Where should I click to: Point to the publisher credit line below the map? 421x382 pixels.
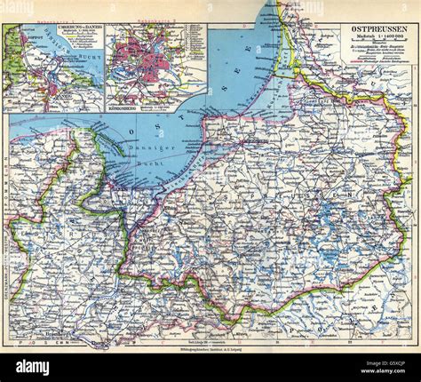[210, 352]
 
